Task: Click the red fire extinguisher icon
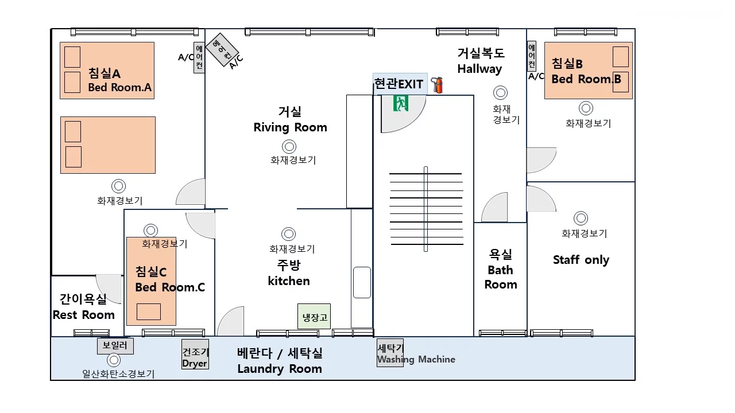tap(437, 85)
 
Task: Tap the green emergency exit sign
tap(401, 103)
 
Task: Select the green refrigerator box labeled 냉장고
tap(314, 316)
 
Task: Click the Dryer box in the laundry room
tap(195, 354)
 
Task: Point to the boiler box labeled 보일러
tap(115, 346)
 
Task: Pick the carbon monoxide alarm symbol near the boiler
tap(114, 360)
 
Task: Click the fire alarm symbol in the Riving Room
tap(289, 146)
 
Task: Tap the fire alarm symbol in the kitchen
tap(289, 234)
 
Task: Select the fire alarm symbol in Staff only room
tap(581, 218)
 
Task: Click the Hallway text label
tap(479, 69)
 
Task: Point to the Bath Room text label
tap(501, 277)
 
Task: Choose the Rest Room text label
tap(84, 315)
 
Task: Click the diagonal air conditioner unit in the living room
tap(222, 50)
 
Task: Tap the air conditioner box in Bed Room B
tap(532, 56)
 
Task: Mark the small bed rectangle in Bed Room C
tap(149, 311)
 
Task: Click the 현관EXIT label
tap(399, 84)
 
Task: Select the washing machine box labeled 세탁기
tap(390, 353)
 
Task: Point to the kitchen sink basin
tap(362, 283)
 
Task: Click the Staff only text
tap(581, 260)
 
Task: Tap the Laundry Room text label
tap(280, 369)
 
